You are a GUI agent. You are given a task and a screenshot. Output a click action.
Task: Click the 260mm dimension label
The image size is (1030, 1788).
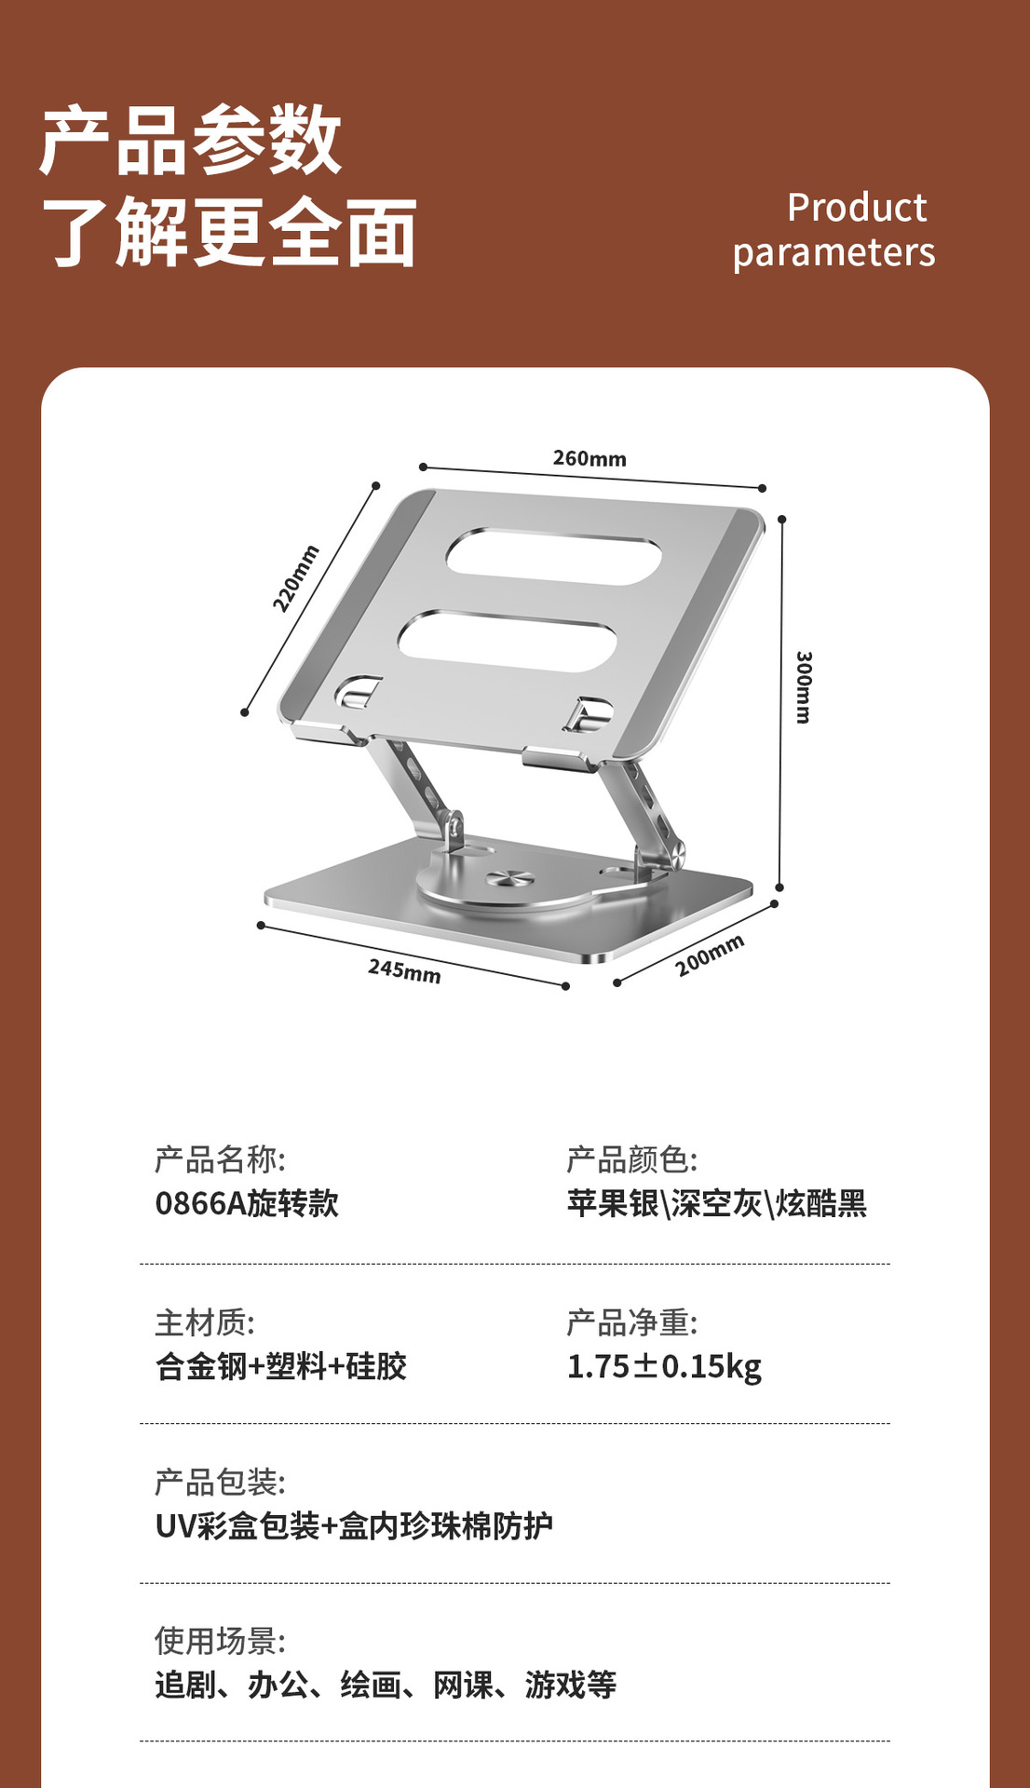coord(590,458)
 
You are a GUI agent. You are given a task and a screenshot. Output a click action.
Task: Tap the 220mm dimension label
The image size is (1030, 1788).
coord(295,578)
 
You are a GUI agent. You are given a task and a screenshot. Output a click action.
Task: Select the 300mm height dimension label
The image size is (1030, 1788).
coord(804,687)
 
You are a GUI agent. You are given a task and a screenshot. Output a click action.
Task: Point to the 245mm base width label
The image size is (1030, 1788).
coord(404,970)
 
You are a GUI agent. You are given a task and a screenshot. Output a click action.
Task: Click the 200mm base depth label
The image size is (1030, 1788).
coord(710,955)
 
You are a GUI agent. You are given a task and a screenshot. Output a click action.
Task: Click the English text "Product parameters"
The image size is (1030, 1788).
coord(833,230)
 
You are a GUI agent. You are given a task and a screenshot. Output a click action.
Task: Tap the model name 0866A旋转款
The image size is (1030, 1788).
coord(247,1203)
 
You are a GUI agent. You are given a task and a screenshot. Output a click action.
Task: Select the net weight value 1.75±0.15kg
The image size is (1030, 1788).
coord(664,1366)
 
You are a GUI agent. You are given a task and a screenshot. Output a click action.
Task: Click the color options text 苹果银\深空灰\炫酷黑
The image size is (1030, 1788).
coord(716,1203)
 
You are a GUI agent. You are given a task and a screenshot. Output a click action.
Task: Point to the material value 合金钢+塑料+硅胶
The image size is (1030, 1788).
coord(281,1366)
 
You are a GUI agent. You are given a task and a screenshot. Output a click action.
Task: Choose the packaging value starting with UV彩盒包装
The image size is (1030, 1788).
coord(354,1525)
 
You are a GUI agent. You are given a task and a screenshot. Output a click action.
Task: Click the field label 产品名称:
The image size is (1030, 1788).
coord(220,1159)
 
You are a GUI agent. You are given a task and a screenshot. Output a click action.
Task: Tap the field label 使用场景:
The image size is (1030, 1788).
coord(220,1641)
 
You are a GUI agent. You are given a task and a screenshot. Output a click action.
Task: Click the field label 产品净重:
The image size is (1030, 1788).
coord(631,1322)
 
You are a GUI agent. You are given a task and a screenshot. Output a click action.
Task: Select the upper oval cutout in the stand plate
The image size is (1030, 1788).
coord(554,557)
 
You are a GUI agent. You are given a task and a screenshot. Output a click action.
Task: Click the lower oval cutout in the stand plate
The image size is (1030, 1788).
coord(508,640)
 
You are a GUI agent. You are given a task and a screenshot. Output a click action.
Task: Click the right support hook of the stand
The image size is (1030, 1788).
coord(588,714)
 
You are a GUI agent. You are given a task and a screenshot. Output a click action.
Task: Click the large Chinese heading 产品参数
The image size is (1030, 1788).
coord(191,140)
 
